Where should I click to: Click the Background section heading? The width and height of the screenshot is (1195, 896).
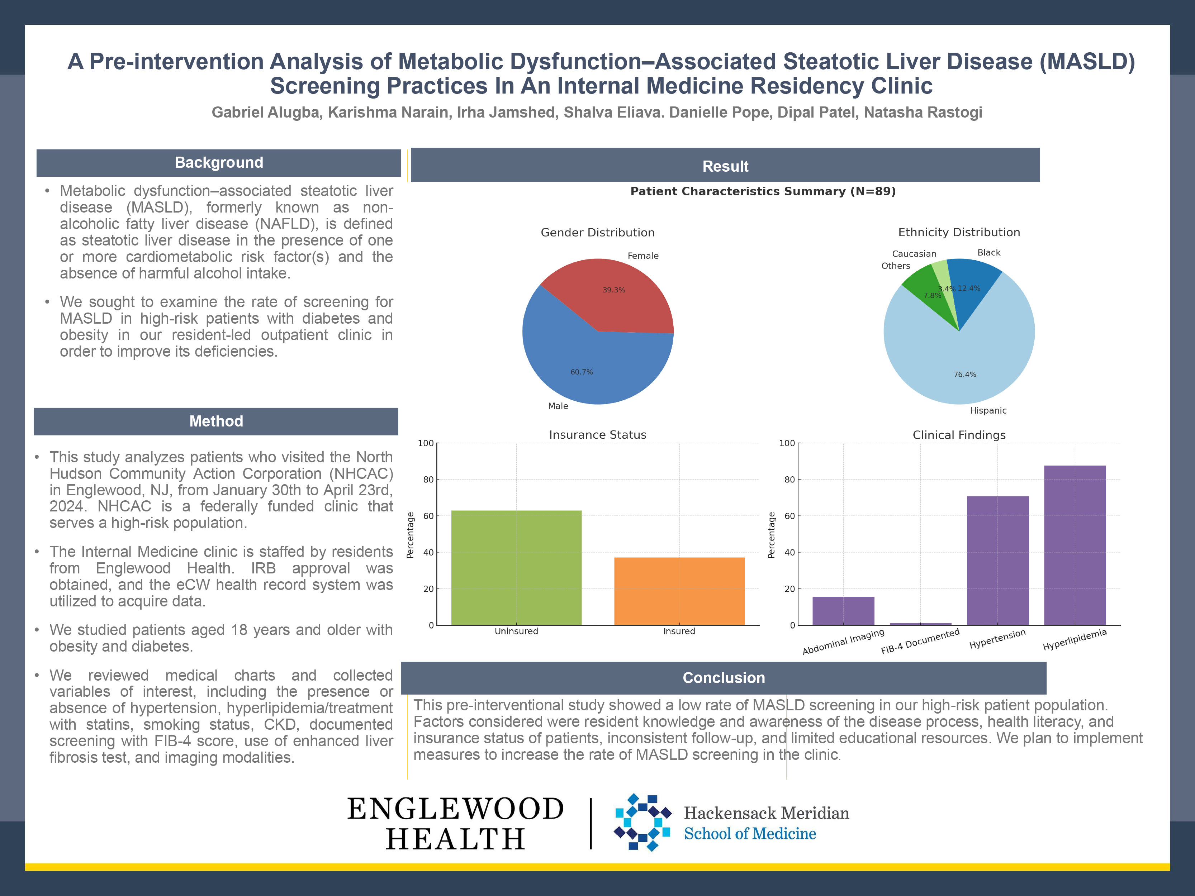click(219, 163)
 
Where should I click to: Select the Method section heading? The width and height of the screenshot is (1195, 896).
click(216, 421)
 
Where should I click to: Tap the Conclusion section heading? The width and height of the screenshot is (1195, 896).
click(724, 678)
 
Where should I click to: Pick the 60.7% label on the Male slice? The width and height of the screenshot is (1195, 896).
click(582, 372)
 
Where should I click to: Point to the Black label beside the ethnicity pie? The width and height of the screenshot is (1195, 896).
click(988, 253)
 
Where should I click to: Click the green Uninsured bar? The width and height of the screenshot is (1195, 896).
click(516, 567)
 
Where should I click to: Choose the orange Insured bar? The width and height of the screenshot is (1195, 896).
click(679, 591)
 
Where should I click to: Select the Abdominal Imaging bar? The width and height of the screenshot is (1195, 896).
click(843, 611)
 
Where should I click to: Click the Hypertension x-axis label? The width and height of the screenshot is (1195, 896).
click(997, 639)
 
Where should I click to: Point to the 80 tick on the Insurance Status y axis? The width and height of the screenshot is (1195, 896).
click(428, 480)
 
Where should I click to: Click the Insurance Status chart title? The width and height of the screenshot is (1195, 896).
click(597, 435)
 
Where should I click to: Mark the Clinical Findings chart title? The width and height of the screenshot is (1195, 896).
click(959, 435)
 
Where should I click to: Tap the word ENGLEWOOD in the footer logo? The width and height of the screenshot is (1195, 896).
click(455, 809)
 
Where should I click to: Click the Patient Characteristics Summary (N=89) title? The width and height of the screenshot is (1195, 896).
click(763, 191)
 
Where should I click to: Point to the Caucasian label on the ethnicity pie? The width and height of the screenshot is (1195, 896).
click(914, 254)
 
